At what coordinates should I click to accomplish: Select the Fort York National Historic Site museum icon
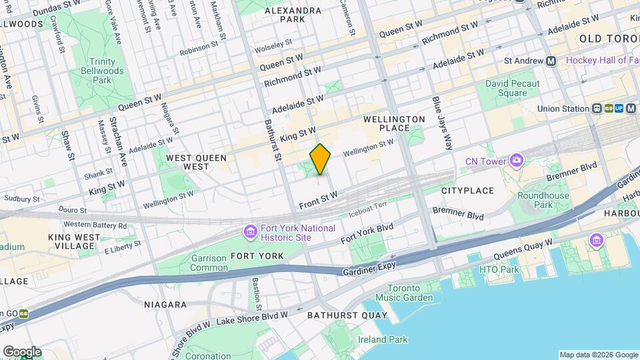point(250,232)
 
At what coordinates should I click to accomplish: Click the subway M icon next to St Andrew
point(551,61)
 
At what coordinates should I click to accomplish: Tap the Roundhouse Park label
point(543,200)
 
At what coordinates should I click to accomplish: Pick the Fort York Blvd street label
point(367,233)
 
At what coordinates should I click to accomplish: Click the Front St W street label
point(319,198)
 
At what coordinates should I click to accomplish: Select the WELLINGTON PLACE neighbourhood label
point(394,123)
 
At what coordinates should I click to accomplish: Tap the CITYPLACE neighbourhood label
point(466,191)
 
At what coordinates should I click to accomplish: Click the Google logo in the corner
point(22,351)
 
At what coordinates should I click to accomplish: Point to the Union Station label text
point(564,109)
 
